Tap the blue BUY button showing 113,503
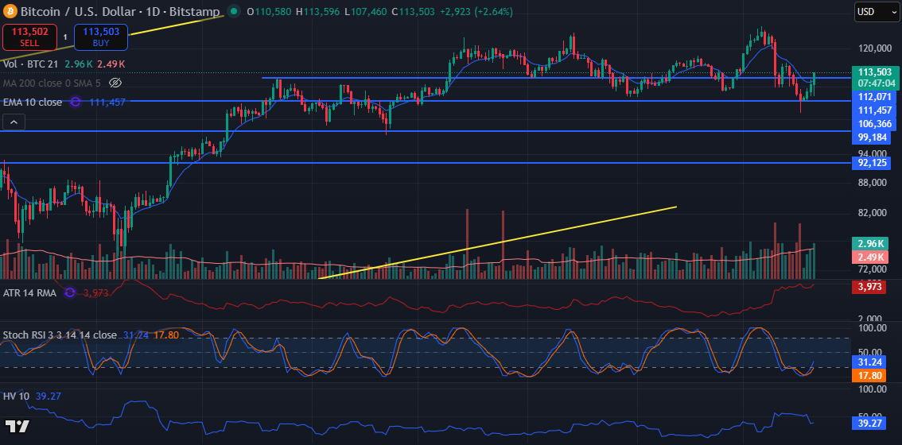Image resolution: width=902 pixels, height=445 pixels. click(100, 37)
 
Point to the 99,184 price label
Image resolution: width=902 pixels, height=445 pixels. click(873, 137)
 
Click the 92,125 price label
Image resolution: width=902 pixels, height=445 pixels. click(873, 163)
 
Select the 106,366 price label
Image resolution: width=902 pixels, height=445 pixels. click(873, 123)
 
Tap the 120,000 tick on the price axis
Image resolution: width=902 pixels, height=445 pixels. click(872, 48)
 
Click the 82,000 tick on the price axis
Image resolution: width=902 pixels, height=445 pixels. click(872, 213)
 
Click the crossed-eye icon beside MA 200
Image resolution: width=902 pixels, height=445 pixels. click(115, 83)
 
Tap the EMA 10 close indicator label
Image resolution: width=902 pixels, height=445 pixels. click(33, 102)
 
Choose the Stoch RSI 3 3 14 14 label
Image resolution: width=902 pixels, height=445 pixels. click(60, 335)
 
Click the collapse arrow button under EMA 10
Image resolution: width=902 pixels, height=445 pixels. click(14, 122)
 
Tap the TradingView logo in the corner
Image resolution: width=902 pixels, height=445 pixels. click(17, 426)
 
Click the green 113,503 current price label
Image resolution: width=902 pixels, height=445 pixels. click(873, 72)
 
